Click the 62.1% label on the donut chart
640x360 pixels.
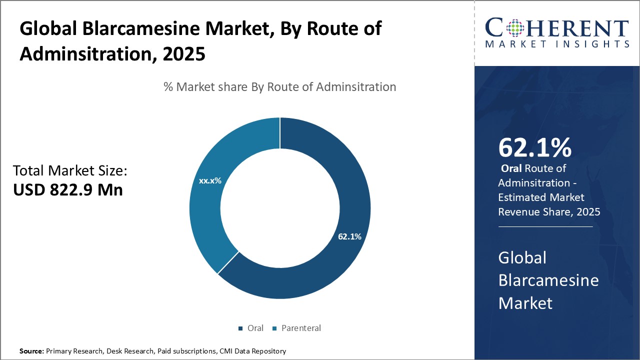pos(349,236)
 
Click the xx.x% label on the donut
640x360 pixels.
pos(210,181)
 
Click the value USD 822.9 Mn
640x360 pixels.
pos(68,190)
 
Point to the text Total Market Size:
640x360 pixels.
pos(70,171)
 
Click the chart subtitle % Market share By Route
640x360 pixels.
pos(280,87)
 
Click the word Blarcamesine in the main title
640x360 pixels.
pos(125,29)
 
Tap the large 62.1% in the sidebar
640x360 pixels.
pos(534,147)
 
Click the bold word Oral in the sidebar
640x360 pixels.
pos(511,168)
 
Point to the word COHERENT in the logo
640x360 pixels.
pos(557,27)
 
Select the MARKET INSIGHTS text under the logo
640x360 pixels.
pos(557,44)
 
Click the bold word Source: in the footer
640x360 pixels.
pos(31,351)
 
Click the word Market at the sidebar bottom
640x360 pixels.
pos(525,302)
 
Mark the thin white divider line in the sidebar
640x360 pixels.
pos(545,226)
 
